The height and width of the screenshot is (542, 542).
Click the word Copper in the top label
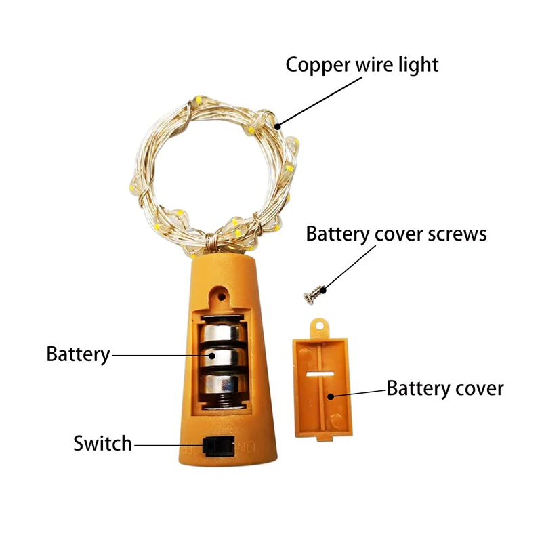point(318,65)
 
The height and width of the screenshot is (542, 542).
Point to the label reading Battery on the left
point(78,354)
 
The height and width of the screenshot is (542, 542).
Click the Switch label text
point(103,444)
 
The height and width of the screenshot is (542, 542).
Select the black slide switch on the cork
point(219,446)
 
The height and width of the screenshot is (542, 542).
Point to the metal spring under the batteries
point(223,402)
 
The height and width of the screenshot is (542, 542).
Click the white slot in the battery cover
point(320,374)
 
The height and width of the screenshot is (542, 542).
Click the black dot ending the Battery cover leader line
point(331,396)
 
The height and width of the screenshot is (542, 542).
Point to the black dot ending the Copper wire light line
point(277,127)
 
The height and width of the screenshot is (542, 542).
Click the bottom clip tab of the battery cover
point(325,438)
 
